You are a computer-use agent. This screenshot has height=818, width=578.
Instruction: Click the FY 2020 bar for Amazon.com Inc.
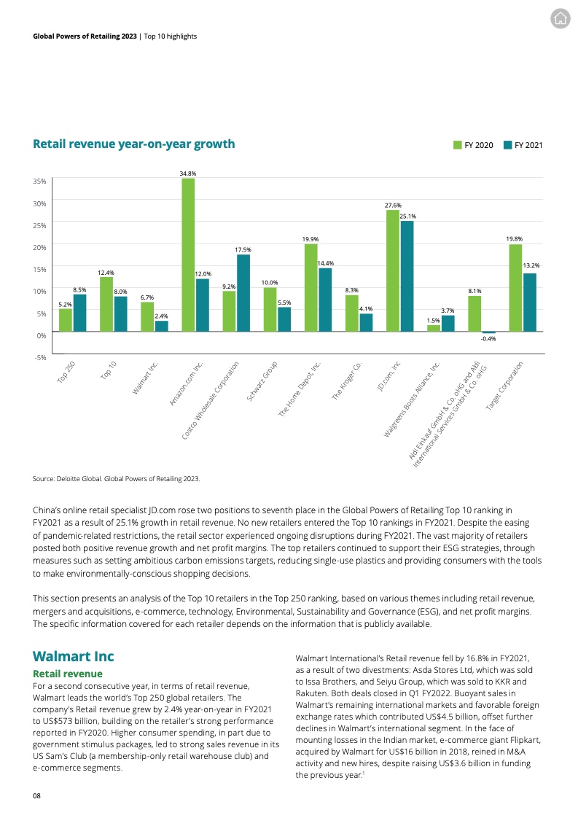[188, 255]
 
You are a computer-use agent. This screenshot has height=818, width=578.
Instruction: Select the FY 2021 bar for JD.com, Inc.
[407, 277]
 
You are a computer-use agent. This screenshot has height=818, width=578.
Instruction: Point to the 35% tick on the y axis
[41, 181]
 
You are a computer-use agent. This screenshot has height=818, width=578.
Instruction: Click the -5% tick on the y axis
[41, 357]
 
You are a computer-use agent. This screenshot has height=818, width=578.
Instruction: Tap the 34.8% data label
[188, 174]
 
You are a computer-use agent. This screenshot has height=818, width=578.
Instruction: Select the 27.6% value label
[393, 206]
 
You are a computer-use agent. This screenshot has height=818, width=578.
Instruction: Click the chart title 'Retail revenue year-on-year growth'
[134, 144]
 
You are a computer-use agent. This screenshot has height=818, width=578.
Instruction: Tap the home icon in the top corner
[560, 19]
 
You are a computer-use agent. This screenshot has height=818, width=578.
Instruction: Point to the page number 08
[36, 796]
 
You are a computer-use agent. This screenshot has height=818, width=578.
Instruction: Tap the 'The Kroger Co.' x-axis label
[348, 379]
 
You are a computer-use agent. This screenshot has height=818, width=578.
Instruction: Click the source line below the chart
[116, 478]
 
